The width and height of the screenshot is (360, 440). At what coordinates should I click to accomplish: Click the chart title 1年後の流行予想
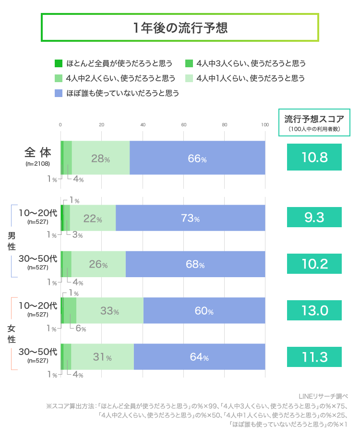(180, 27)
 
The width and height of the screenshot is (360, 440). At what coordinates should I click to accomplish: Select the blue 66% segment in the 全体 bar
(197, 158)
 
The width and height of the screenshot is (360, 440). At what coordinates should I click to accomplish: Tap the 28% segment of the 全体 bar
(101, 158)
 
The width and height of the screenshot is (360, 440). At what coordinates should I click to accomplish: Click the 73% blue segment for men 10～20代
(191, 218)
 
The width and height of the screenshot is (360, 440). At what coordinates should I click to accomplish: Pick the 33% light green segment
(109, 311)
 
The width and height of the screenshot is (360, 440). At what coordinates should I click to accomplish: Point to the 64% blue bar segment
(199, 357)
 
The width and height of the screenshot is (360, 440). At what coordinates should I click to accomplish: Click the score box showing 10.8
(314, 157)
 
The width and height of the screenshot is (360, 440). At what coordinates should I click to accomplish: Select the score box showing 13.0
(314, 310)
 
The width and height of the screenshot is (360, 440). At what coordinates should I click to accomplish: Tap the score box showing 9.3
(314, 217)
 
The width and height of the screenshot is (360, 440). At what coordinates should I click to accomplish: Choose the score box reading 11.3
(314, 357)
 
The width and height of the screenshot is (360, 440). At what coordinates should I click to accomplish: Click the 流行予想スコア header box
(314, 122)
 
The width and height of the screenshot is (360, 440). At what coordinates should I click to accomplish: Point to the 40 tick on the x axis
(143, 125)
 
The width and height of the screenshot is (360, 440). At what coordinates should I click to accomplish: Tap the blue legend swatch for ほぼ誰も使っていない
(59, 93)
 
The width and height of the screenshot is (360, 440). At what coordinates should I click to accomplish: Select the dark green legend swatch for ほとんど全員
(59, 63)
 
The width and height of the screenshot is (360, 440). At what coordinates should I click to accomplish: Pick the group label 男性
(12, 241)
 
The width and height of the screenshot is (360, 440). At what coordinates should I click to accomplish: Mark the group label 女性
(12, 334)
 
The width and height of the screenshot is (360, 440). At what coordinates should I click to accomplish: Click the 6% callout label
(81, 329)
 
